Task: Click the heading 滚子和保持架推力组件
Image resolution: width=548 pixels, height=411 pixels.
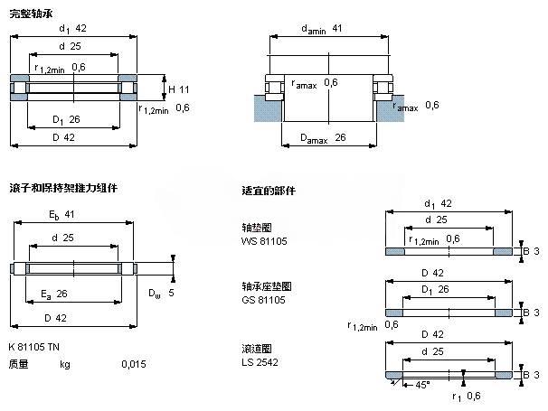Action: (62, 188)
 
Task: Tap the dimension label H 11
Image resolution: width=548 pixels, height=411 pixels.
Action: (178, 89)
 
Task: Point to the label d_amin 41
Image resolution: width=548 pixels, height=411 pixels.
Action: (322, 30)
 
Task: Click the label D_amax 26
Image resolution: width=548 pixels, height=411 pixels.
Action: (319, 137)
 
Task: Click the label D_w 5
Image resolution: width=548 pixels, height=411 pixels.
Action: (161, 293)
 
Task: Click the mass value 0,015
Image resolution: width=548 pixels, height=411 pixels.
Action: (133, 364)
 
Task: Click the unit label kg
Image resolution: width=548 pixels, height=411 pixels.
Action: (64, 364)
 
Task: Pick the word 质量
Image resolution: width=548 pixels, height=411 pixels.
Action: (18, 364)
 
